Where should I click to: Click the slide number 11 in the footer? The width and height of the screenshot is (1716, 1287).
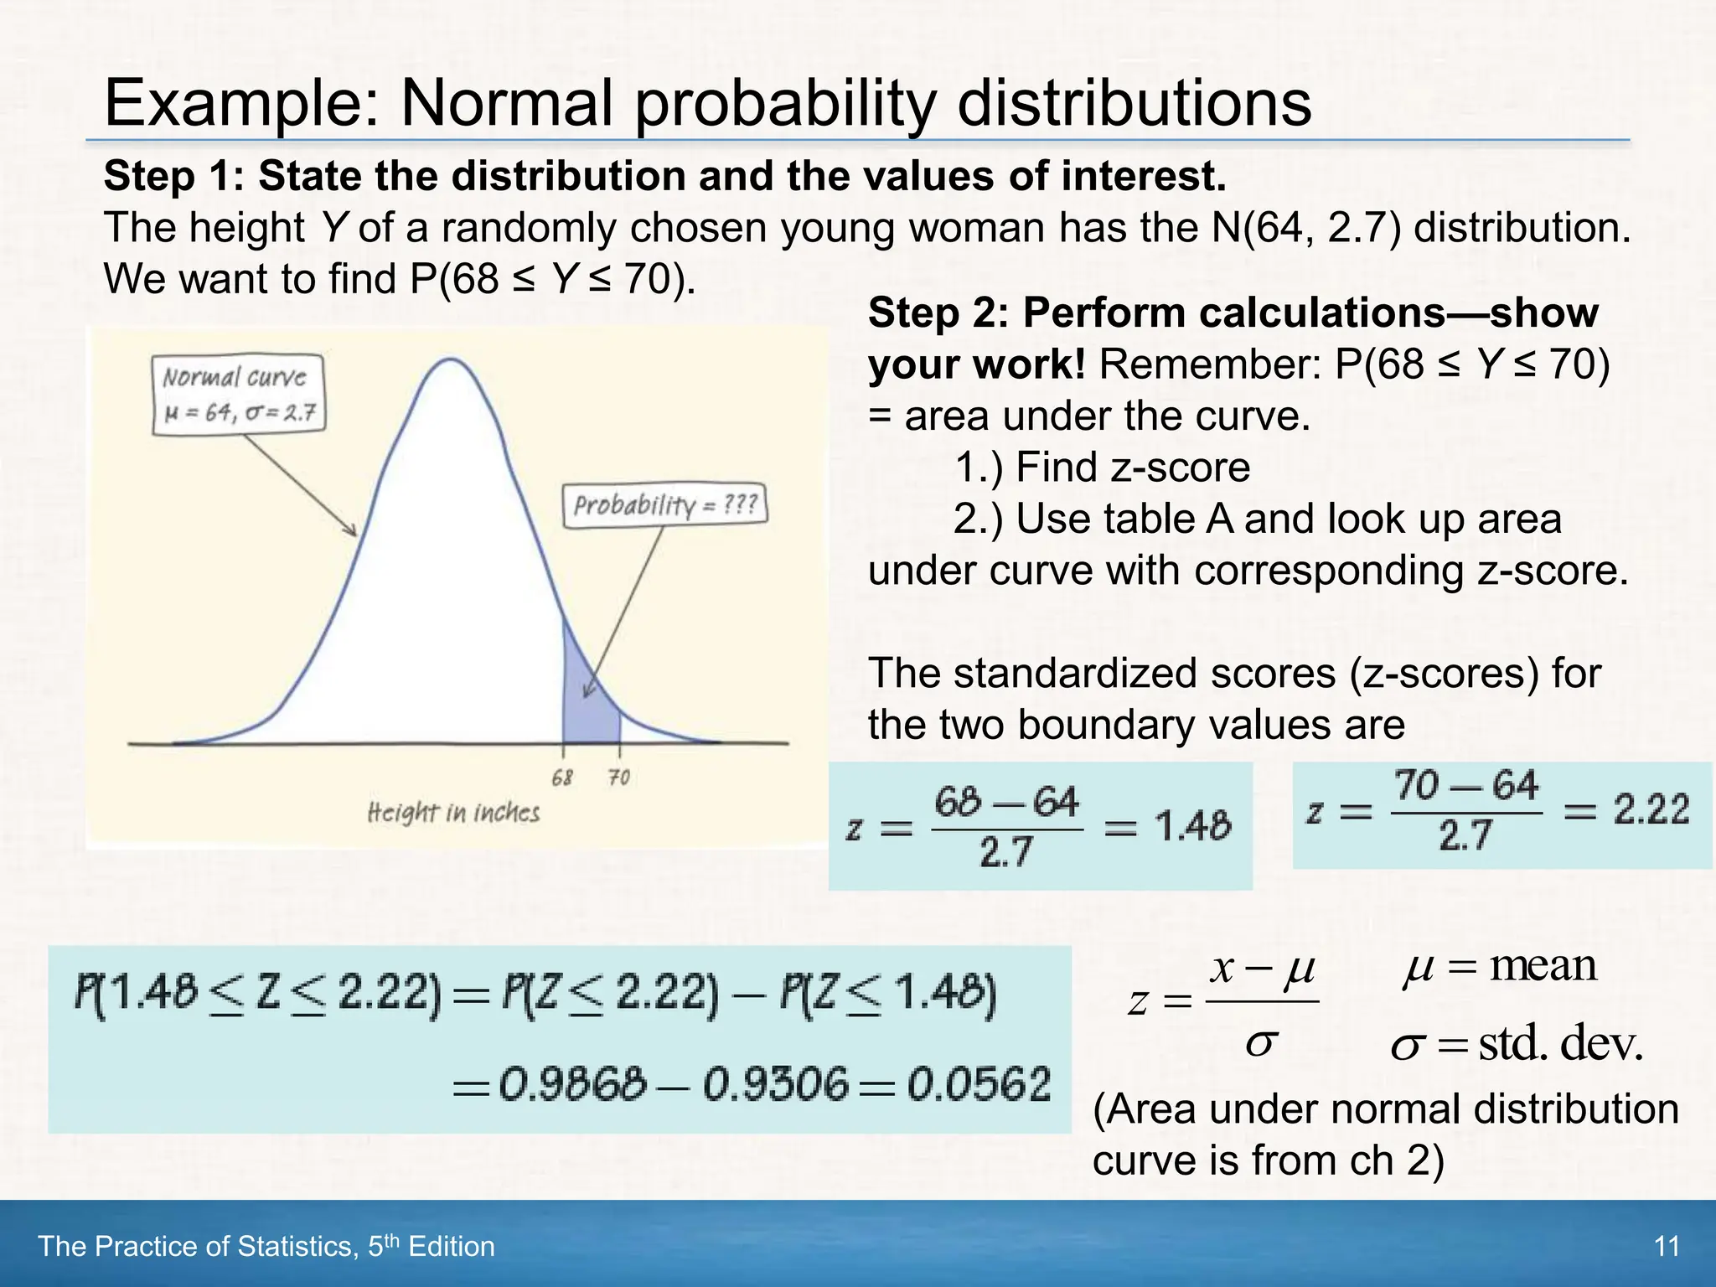[1667, 1247]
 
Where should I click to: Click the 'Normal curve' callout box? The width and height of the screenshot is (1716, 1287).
[239, 395]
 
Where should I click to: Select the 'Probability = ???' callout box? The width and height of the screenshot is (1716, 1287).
[665, 505]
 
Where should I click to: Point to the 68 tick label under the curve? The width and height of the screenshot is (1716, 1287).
[562, 778]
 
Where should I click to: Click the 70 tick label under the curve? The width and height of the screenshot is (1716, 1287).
[619, 778]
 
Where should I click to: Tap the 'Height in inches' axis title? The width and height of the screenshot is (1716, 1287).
[453, 813]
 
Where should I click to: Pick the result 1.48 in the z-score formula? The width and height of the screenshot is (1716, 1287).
[1193, 827]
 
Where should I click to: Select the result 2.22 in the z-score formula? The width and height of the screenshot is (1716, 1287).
[1651, 810]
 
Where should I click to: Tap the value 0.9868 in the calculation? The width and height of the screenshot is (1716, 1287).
[573, 1085]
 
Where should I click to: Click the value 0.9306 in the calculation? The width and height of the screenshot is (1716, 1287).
[776, 1085]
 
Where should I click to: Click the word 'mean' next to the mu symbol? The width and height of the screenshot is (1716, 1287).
[1543, 966]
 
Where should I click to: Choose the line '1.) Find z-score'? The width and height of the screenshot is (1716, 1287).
[1102, 468]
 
